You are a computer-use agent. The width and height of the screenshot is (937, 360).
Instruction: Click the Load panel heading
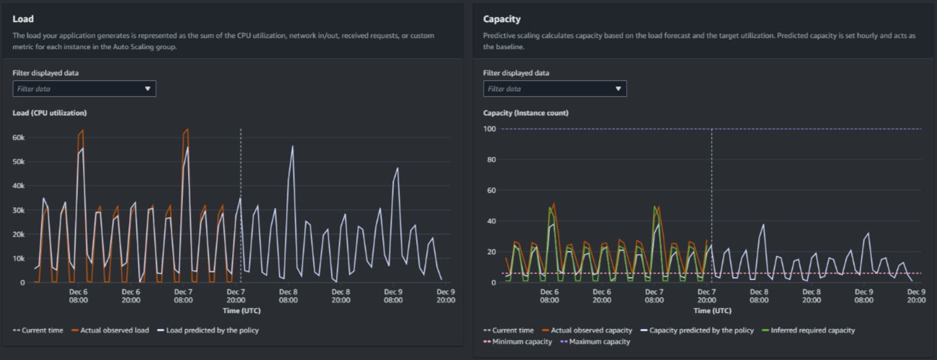click(x=23, y=19)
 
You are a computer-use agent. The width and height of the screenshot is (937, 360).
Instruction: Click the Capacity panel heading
click(x=502, y=19)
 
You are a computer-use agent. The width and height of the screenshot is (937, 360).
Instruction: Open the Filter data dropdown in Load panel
click(x=84, y=88)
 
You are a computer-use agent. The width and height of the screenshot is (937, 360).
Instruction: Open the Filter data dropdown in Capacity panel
click(x=555, y=88)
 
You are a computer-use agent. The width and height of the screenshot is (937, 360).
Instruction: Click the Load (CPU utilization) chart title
click(x=50, y=113)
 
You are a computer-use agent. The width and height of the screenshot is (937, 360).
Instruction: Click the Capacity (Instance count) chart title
click(x=526, y=113)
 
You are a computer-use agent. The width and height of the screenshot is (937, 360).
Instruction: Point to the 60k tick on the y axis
click(x=19, y=138)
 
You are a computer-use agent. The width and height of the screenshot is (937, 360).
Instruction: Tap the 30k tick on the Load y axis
click(x=19, y=210)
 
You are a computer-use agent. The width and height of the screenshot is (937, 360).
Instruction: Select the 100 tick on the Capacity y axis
click(x=490, y=129)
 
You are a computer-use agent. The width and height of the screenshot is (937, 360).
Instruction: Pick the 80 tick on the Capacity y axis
click(x=491, y=160)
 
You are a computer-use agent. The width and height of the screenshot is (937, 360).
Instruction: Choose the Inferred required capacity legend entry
click(x=812, y=330)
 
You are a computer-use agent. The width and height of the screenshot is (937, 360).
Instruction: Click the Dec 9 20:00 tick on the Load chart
click(x=445, y=296)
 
